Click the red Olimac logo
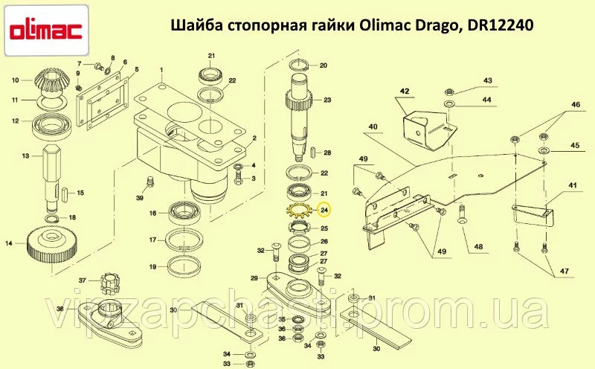tap(45, 30)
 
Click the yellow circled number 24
tap(324, 210)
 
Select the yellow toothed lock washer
tap(299, 211)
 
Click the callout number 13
tap(26, 155)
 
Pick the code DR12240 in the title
tap(501, 25)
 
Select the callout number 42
tap(405, 91)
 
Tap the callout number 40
tap(373, 126)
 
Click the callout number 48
tap(478, 247)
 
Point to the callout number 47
tap(564, 271)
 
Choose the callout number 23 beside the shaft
tap(327, 100)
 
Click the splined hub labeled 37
tap(109, 283)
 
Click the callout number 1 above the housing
tap(161, 70)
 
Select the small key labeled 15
tap(64, 193)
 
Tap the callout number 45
tap(575, 145)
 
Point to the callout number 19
tap(152, 267)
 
